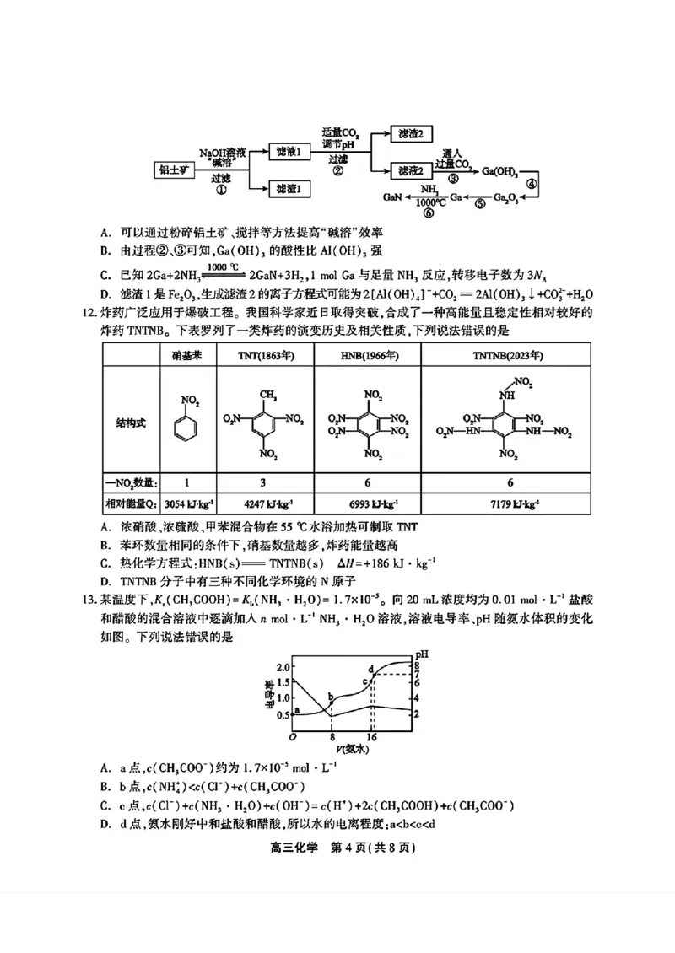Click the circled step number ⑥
coord(429,213)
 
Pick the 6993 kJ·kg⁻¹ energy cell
coord(364,504)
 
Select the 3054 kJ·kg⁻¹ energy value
coord(187,504)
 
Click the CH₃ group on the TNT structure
coord(262,393)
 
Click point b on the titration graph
coord(331,697)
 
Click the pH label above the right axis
coord(422,654)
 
